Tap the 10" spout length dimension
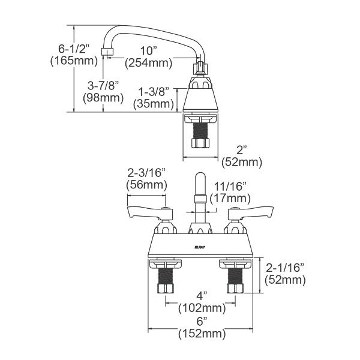point(146,50)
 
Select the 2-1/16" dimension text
point(285,268)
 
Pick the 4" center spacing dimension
point(202,296)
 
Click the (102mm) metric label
point(202,308)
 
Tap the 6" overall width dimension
point(202,322)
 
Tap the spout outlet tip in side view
point(107,52)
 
